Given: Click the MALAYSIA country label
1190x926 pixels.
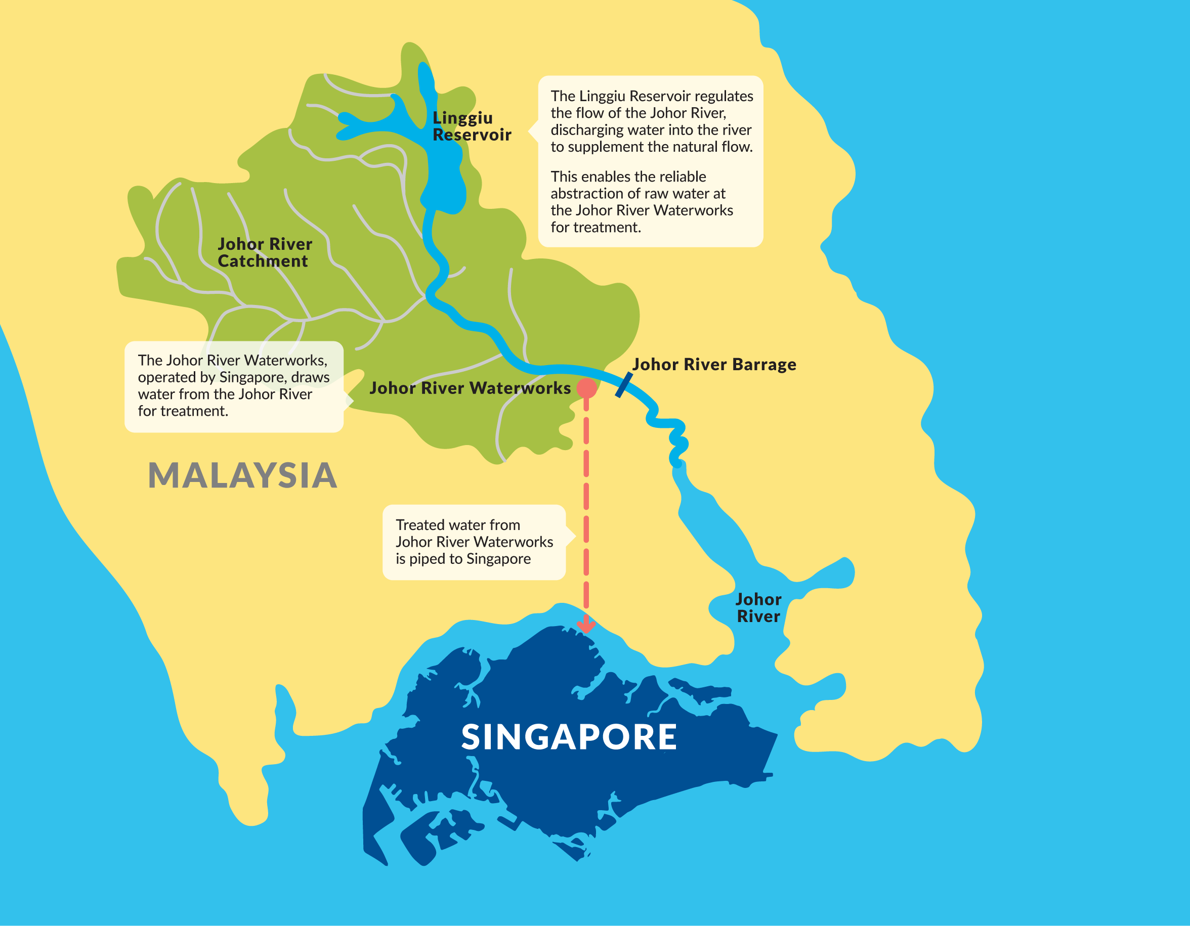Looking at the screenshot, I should pos(242,475).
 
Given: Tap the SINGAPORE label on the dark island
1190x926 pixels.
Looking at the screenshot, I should pos(569,737).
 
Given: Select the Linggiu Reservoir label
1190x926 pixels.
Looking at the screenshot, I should pos(472,126).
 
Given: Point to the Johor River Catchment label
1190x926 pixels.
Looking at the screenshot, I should pos(264,253).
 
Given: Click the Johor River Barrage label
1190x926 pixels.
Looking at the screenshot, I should pos(714,365).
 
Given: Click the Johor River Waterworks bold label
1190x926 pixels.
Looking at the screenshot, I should pos(470,388).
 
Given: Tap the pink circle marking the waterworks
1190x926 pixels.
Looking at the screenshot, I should pos(586,388).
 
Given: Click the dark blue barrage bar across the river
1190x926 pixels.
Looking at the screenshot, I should pos(624,384).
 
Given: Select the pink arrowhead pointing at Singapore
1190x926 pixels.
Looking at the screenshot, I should pos(586,625).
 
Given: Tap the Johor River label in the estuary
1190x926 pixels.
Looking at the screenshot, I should pos(758,608).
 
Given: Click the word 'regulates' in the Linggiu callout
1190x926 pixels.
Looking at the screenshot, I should pos(724,97).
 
